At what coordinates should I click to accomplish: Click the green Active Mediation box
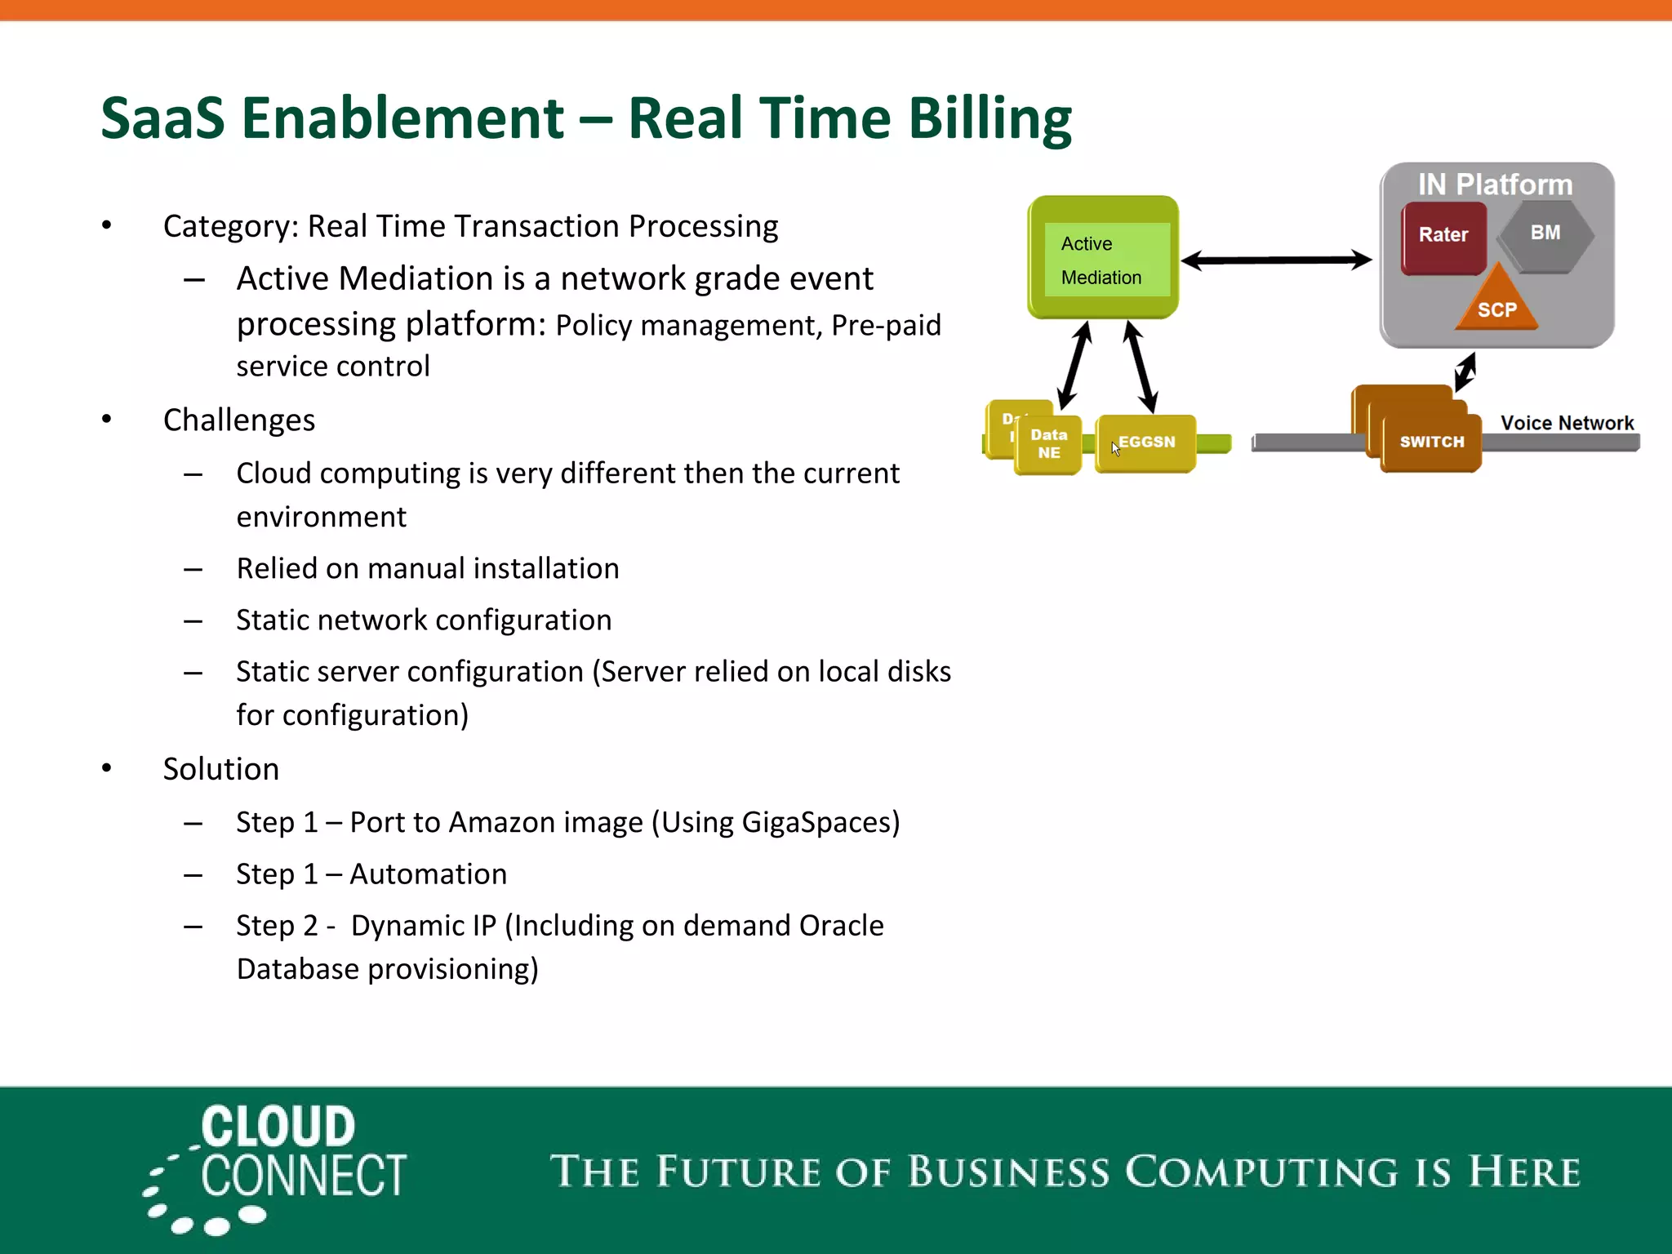(1102, 257)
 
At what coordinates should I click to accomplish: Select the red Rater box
(1443, 238)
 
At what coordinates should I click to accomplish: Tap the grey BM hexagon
(1545, 234)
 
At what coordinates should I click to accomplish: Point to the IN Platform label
(1495, 185)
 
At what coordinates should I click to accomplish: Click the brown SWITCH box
(1431, 442)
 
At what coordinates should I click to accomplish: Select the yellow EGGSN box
(1145, 442)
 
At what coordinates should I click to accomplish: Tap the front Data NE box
(1048, 444)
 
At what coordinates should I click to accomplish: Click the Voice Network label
(1567, 423)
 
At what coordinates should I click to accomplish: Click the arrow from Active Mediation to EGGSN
(1141, 367)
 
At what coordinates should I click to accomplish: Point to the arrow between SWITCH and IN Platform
(1465, 371)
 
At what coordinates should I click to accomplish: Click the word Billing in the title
(989, 119)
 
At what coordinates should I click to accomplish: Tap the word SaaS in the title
(162, 119)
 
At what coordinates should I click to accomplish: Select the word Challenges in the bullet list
(239, 420)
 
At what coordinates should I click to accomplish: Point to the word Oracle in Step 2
(841, 926)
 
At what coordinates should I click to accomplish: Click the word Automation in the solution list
(429, 874)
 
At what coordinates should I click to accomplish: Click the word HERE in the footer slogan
(1524, 1172)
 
